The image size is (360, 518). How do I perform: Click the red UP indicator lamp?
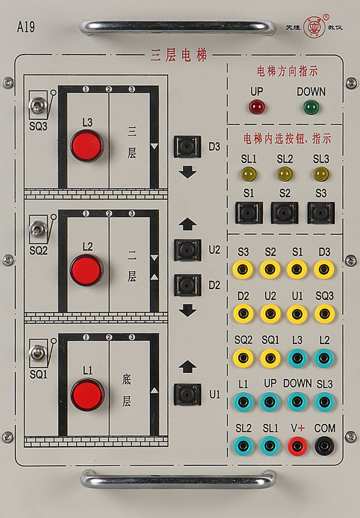[257, 107]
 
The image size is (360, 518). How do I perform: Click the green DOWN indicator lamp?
[311, 107]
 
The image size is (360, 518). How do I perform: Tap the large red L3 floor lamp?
[87, 146]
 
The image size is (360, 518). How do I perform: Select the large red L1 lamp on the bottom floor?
[87, 394]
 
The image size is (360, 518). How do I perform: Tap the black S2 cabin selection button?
[284, 213]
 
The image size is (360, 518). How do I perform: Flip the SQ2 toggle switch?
[38, 228]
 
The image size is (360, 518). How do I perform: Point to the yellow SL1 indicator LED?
[248, 174]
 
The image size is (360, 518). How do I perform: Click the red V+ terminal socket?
[298, 446]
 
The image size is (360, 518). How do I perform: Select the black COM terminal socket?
[324, 446]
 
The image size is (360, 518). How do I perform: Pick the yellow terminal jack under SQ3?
[324, 313]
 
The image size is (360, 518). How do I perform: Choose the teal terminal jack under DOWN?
[297, 402]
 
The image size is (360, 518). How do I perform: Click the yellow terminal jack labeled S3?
[243, 269]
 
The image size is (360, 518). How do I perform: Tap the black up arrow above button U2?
[188, 224]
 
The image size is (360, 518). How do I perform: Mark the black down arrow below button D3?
[188, 173]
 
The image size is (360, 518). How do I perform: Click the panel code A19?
[26, 27]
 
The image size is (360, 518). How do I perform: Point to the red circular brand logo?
[313, 26]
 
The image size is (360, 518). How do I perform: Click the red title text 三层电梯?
[179, 55]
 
